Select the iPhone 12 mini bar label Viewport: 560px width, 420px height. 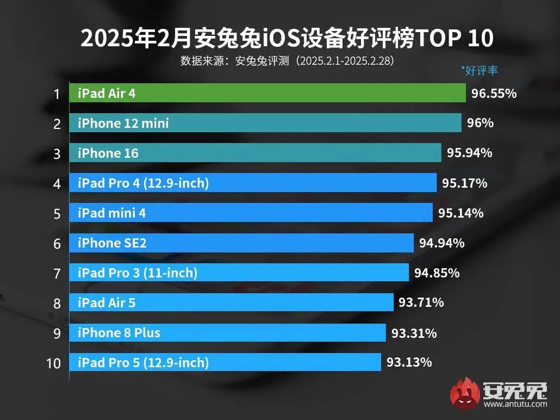(123, 123)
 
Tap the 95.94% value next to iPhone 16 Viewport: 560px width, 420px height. (469, 153)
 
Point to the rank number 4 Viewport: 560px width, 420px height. (57, 183)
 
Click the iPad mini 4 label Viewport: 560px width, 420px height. (111, 213)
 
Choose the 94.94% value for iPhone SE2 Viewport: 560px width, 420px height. (441, 243)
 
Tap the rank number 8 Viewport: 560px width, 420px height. (57, 303)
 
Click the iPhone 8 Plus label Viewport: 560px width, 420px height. (119, 332)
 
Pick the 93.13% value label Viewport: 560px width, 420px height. (409, 362)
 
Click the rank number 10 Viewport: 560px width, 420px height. (54, 363)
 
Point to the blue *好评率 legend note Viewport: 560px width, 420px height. (480, 70)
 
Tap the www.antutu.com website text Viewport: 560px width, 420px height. (515, 404)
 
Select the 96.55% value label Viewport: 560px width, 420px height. (494, 93)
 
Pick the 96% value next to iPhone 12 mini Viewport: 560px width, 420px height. (480, 123)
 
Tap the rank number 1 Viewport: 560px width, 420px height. (57, 94)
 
